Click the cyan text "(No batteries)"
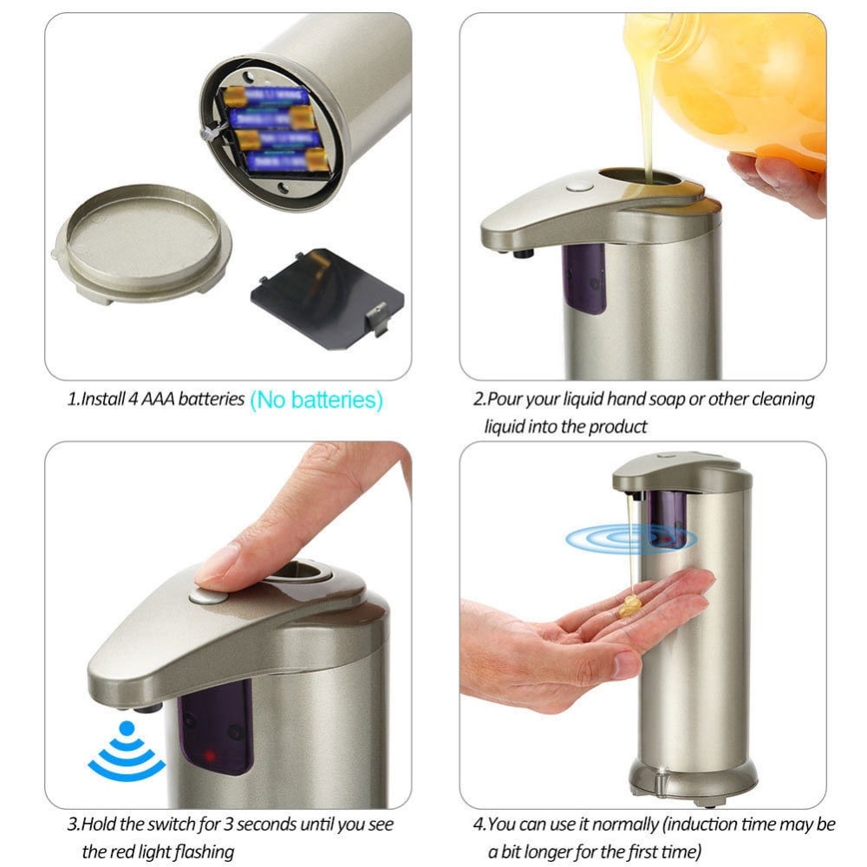tap(316, 400)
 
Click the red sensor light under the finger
tap(210, 757)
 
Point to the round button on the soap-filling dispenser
tap(578, 185)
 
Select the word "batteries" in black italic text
tap(212, 401)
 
